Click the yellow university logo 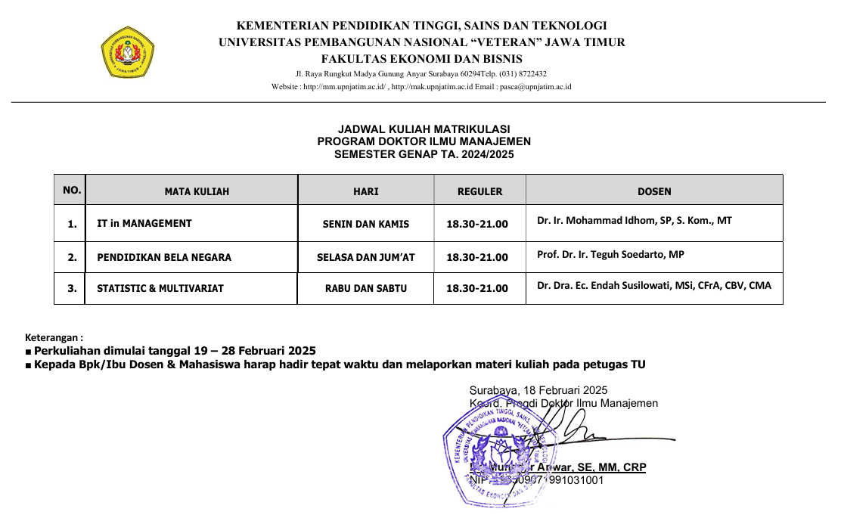coord(128,52)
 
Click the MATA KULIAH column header coord(197,191)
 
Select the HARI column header coord(366,191)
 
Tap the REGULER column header coord(479,191)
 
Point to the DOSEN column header coord(654,191)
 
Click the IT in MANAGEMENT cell coord(144,224)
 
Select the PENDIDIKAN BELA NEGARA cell coord(164,257)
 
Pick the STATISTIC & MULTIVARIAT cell coord(160,288)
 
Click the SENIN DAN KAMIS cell coord(366,224)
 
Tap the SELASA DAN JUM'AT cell coord(366,257)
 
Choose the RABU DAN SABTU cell coord(366,288)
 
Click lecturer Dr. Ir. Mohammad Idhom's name coord(635,221)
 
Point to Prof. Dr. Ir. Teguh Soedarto coord(610,255)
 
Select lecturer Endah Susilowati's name coord(654,286)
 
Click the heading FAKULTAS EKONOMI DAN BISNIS coord(421,59)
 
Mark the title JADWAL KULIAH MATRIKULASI coord(424,129)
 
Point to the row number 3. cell coord(72,288)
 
